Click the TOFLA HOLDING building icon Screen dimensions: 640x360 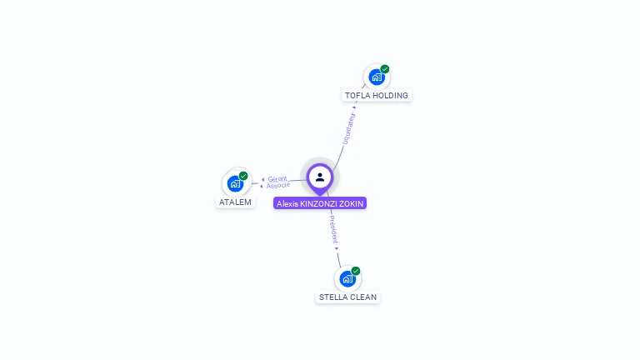click(x=377, y=77)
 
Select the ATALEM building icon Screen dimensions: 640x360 click(x=235, y=183)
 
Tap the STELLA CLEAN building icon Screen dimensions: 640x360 click(x=347, y=279)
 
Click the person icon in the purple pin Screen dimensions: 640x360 click(x=320, y=177)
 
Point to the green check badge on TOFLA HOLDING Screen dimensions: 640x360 click(x=385, y=69)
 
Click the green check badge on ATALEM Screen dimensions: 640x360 click(x=243, y=176)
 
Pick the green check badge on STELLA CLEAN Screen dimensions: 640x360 click(x=356, y=271)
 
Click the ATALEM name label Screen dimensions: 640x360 click(x=235, y=202)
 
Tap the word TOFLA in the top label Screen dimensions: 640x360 click(x=357, y=96)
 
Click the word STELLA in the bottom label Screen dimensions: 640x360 click(x=332, y=297)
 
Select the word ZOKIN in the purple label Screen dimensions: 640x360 click(x=353, y=203)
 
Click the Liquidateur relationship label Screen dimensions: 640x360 click(x=349, y=129)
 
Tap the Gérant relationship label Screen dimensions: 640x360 click(x=277, y=179)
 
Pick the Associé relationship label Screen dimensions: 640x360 click(x=278, y=185)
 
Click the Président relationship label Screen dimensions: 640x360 click(x=332, y=229)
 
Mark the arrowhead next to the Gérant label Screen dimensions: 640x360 click(x=262, y=179)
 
